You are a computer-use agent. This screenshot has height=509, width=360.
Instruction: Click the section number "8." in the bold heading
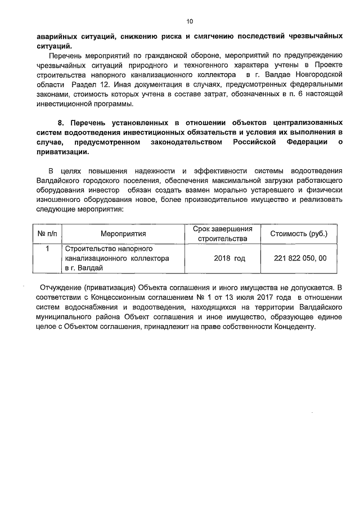62,123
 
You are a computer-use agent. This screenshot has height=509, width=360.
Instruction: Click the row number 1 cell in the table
48,249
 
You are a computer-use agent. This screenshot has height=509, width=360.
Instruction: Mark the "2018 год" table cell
229,259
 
